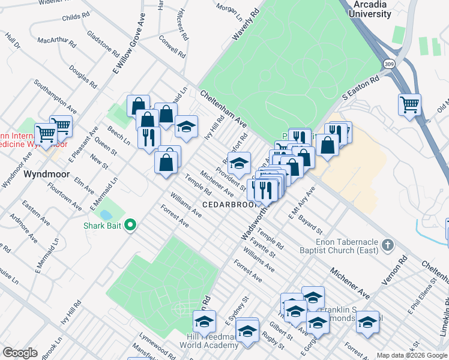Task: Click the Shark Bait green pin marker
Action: tap(129, 226)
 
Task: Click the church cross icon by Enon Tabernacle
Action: tap(388, 245)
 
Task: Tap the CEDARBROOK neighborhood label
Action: tap(229, 205)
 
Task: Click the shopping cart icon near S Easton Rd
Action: tap(409, 104)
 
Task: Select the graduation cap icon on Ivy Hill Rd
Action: tap(186, 127)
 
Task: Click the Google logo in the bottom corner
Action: tap(20, 353)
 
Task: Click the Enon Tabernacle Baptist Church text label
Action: tap(348, 245)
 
